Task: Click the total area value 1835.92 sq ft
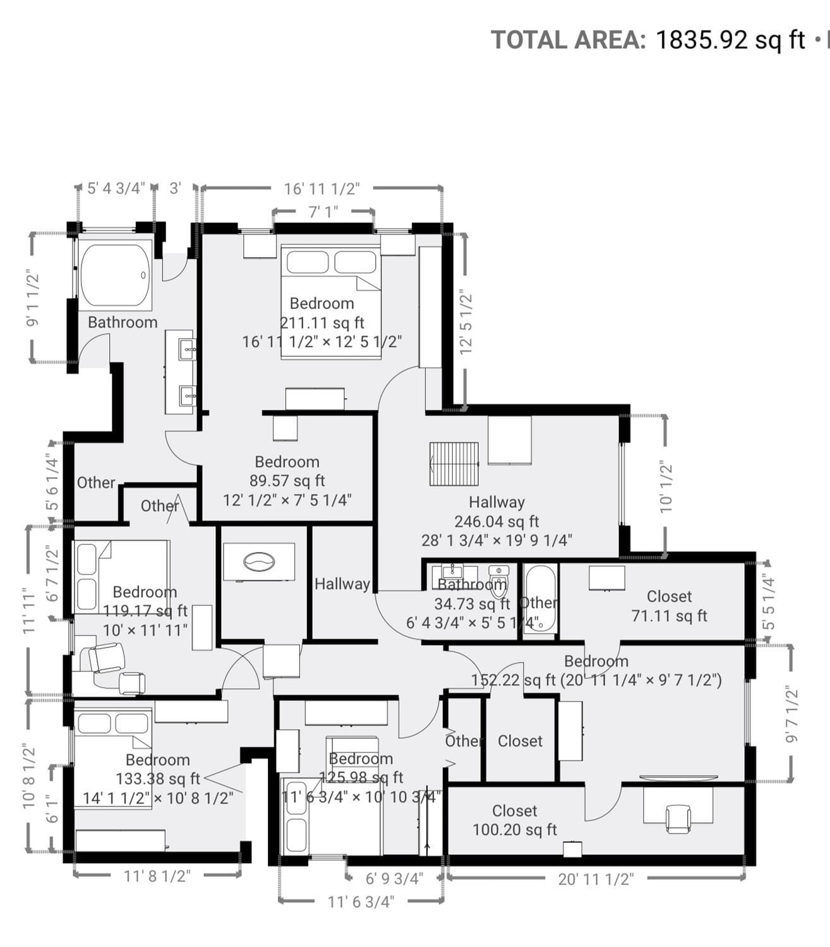[x=730, y=40]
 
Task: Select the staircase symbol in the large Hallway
[x=454, y=464]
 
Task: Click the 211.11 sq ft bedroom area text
[x=322, y=323]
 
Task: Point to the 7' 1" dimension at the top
[x=323, y=211]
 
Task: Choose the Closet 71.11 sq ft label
[x=669, y=606]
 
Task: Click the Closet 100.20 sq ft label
[x=515, y=820]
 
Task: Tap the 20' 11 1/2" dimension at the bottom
[x=595, y=879]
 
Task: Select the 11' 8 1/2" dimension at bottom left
[x=157, y=876]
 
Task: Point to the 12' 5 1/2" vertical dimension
[x=466, y=322]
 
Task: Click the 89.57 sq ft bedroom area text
[x=287, y=481]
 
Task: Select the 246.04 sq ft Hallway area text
[x=496, y=521]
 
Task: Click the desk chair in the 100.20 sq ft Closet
[x=678, y=819]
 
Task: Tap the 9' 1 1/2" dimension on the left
[x=32, y=298]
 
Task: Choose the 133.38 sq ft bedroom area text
[x=157, y=779]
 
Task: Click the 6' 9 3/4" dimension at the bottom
[x=394, y=879]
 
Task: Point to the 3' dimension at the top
[x=175, y=188]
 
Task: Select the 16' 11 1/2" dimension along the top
[x=322, y=188]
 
